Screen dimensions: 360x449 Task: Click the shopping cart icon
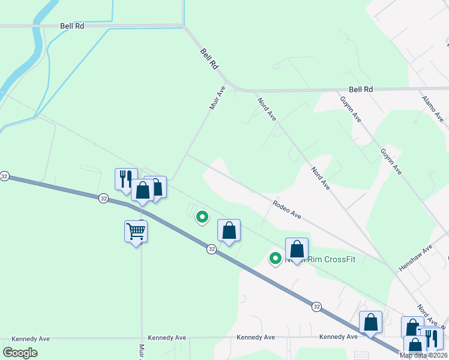tap(136, 231)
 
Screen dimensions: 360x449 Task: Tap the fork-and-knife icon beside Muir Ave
tap(125, 179)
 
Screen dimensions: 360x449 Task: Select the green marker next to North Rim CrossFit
tap(276, 259)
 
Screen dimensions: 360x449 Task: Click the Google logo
tap(20, 353)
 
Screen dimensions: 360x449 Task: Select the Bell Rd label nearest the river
tap(72, 26)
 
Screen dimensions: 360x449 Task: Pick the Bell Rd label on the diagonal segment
tap(209, 61)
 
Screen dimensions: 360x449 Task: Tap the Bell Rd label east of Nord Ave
tap(361, 89)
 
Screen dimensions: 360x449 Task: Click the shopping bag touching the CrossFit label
tap(297, 250)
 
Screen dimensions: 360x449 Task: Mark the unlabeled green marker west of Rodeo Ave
tap(203, 217)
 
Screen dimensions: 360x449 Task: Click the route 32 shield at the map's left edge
tap(5, 176)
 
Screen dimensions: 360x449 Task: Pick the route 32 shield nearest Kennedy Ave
tap(316, 307)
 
